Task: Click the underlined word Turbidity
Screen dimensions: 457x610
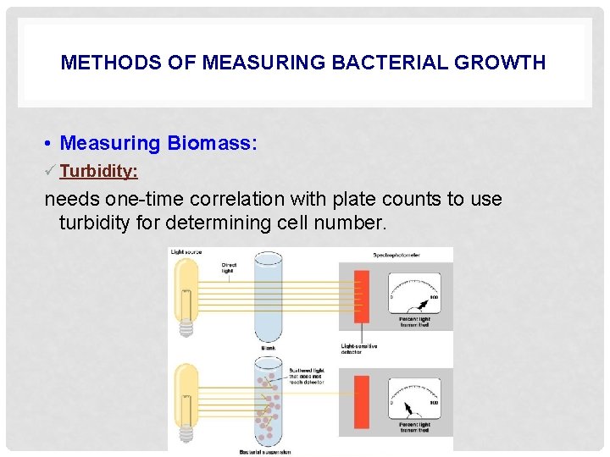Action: tap(98, 171)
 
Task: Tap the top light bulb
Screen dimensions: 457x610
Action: tap(186, 292)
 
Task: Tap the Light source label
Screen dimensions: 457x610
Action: tap(186, 252)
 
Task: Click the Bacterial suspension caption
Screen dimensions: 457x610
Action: tap(265, 452)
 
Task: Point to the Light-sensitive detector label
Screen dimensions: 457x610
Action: tap(359, 349)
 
